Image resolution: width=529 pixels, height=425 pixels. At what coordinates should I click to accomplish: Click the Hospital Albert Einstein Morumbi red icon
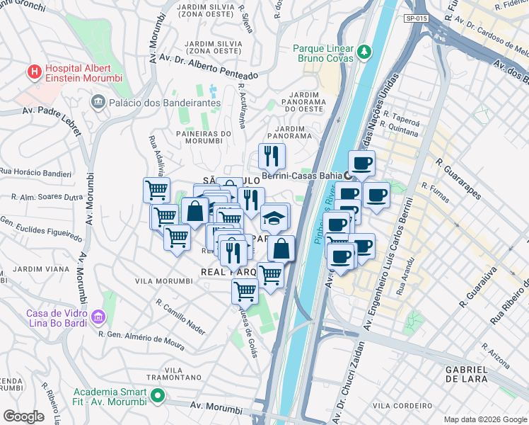click(33, 72)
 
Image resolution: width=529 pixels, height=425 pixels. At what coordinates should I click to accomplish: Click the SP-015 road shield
click(416, 18)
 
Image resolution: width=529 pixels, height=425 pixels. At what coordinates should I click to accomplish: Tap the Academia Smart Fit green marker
click(157, 396)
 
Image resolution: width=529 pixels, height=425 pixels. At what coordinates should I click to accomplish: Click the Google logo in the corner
click(23, 416)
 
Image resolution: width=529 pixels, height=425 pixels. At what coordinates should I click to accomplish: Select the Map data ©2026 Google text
click(484, 419)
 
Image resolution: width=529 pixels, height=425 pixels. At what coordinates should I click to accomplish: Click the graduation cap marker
click(274, 218)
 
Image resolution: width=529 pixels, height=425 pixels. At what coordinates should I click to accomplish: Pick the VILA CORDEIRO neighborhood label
click(402, 405)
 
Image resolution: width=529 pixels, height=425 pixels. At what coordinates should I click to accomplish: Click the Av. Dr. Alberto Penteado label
click(209, 66)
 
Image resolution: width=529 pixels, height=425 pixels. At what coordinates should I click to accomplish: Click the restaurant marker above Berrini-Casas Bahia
click(271, 156)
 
